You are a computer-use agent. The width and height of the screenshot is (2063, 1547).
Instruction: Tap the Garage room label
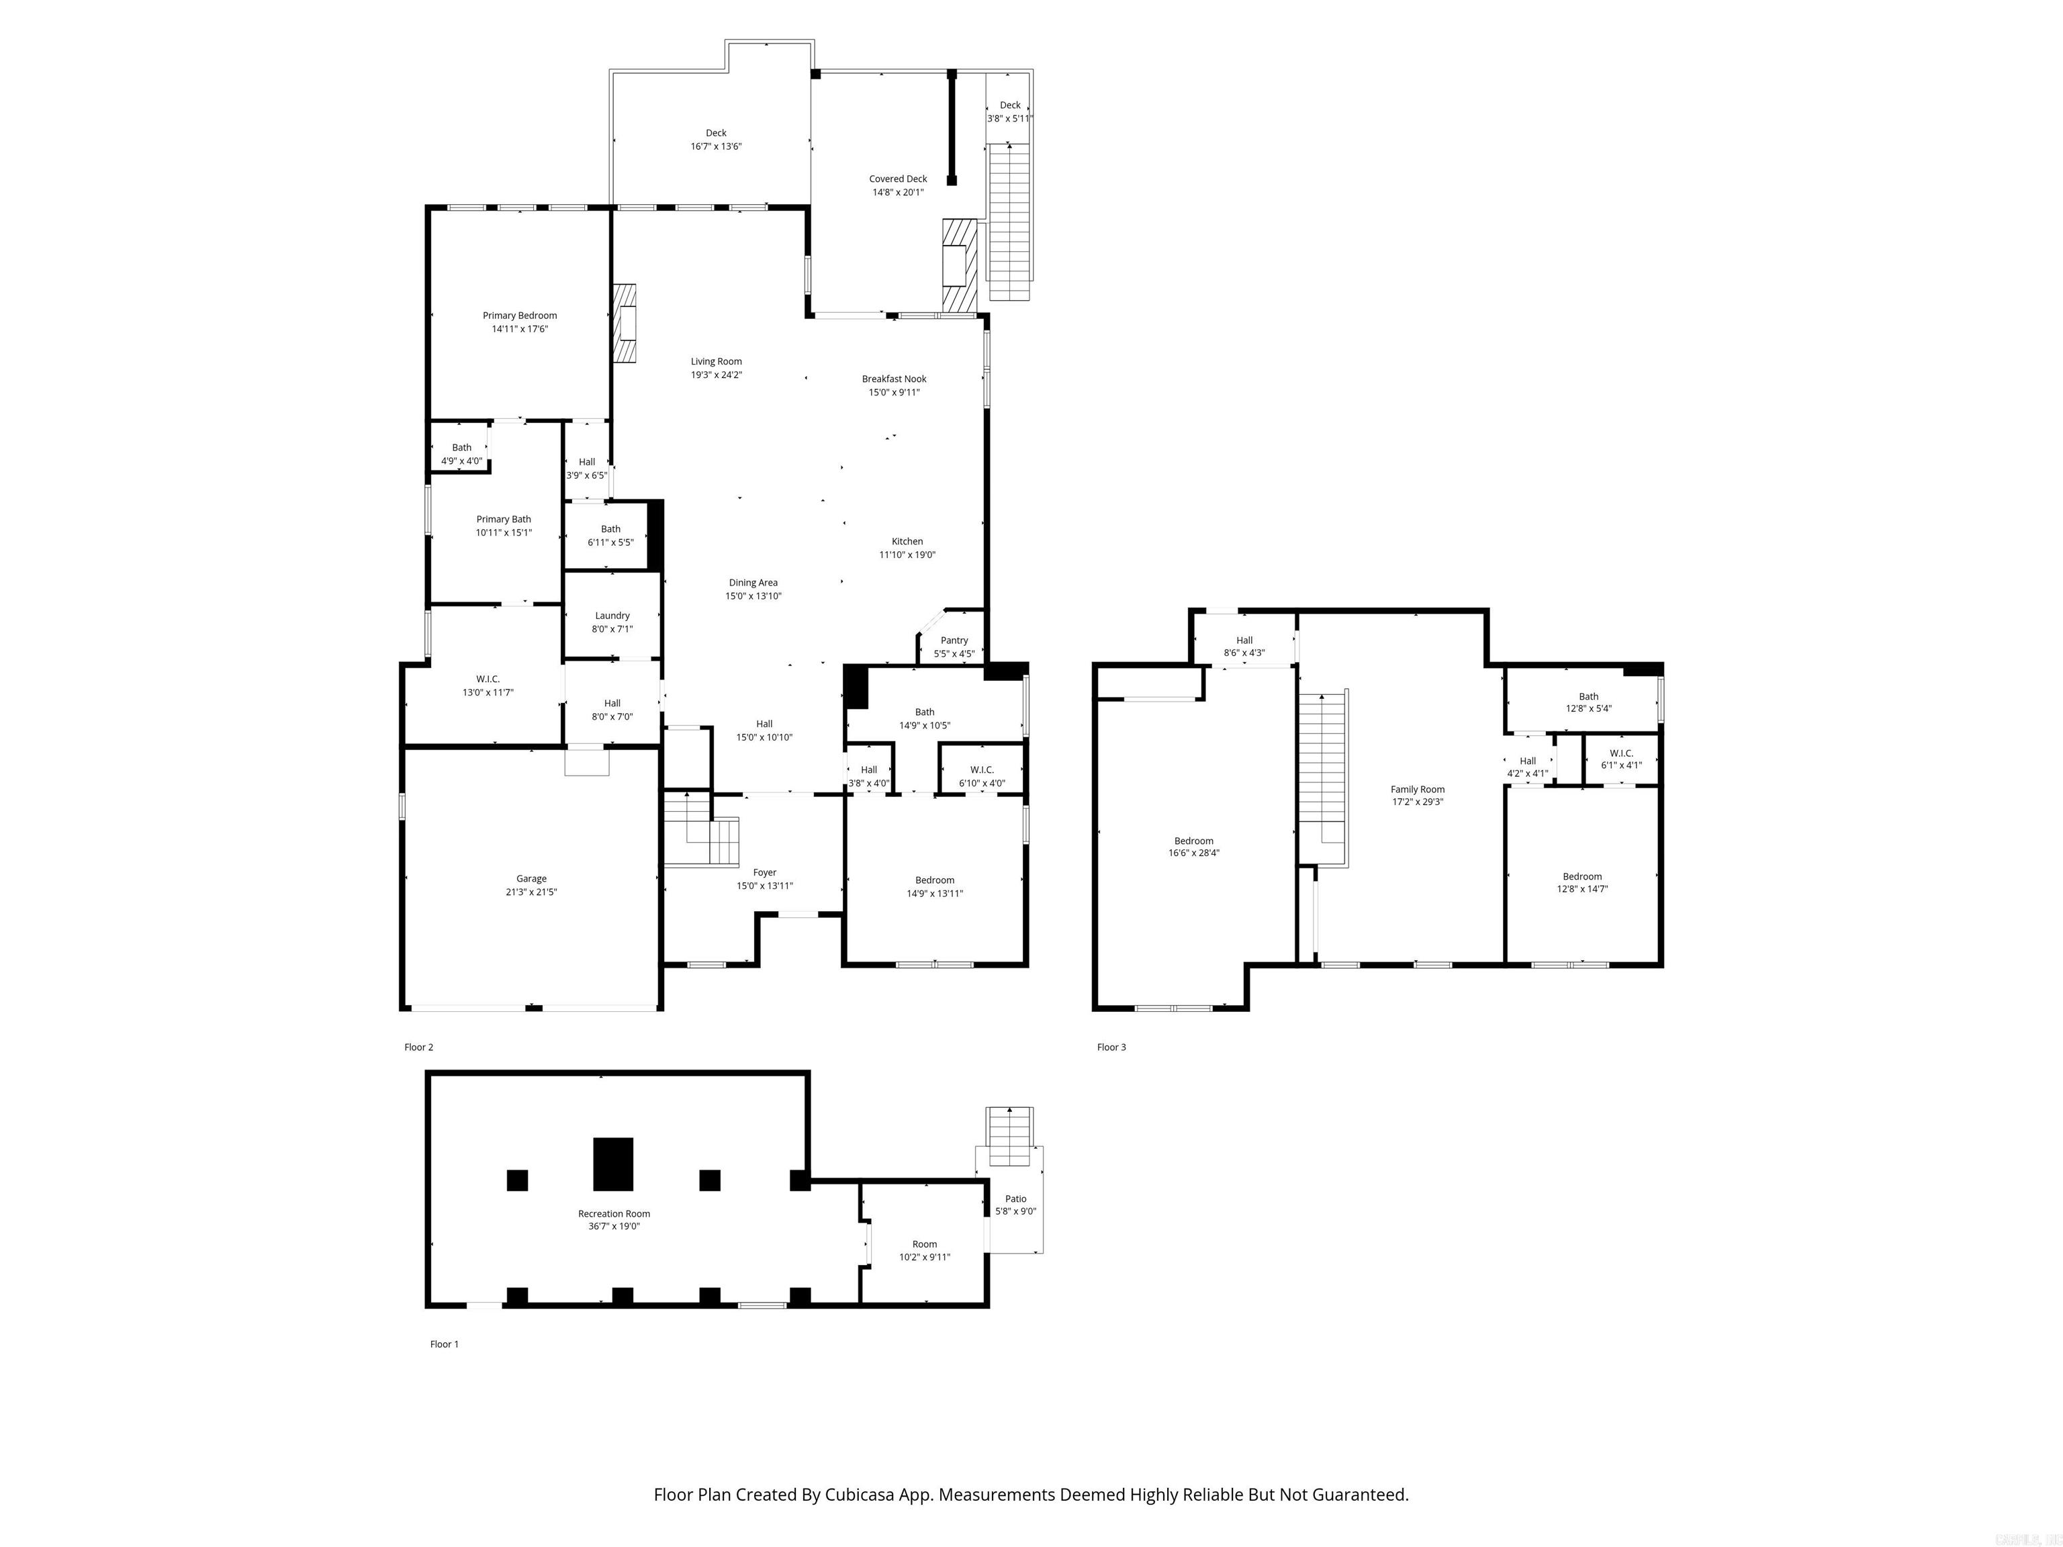click(532, 878)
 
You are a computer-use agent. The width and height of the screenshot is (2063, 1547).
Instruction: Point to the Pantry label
click(954, 641)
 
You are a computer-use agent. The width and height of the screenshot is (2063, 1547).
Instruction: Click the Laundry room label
click(612, 616)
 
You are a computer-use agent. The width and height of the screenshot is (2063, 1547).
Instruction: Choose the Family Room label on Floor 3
click(1418, 789)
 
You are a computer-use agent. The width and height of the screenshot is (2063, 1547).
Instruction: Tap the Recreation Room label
click(614, 1213)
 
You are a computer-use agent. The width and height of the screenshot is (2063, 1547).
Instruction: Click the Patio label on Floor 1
click(1015, 1199)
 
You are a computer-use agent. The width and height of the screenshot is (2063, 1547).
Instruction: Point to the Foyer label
click(765, 873)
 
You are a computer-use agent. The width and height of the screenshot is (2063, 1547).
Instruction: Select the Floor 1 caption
click(444, 1344)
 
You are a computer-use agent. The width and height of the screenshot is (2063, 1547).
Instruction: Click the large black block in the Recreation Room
click(614, 1164)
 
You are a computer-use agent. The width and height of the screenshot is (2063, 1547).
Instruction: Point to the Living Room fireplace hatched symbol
click(624, 323)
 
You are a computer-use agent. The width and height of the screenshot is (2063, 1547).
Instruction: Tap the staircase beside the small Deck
click(1009, 222)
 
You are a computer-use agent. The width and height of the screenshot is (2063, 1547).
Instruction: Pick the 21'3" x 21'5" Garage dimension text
click(532, 892)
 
